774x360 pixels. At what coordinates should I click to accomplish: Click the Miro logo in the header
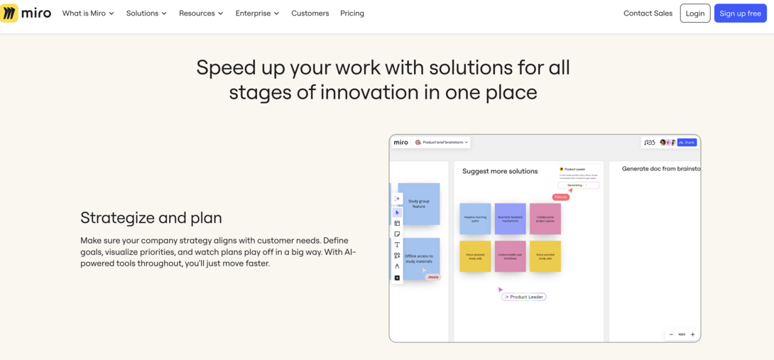click(x=26, y=13)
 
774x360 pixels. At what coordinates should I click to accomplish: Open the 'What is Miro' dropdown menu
click(x=88, y=13)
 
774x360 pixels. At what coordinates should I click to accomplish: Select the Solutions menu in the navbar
click(x=146, y=13)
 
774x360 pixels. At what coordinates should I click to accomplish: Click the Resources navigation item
click(x=201, y=13)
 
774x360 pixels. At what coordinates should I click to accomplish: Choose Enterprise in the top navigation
click(x=257, y=13)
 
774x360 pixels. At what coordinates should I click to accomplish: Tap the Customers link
click(x=310, y=13)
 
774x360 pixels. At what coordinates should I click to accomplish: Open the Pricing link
click(x=352, y=13)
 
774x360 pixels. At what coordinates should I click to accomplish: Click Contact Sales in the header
click(x=648, y=13)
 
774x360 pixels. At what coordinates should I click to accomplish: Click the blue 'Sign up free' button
click(x=740, y=13)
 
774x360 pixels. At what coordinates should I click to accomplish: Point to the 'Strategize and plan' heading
click(x=151, y=218)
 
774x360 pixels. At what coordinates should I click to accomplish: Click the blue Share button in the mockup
click(x=687, y=143)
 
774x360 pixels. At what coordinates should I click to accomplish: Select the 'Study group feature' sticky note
click(x=419, y=204)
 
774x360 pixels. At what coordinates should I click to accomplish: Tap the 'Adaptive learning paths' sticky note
click(x=475, y=219)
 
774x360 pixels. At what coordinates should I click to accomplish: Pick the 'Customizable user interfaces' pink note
click(x=511, y=256)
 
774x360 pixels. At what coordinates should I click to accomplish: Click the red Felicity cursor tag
click(x=561, y=197)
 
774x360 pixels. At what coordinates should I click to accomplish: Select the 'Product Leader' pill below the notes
click(x=525, y=297)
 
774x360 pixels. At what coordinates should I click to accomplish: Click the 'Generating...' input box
click(x=578, y=185)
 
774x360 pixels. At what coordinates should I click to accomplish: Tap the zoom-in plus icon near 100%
click(x=692, y=334)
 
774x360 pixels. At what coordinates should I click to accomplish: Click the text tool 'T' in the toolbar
click(x=397, y=245)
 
